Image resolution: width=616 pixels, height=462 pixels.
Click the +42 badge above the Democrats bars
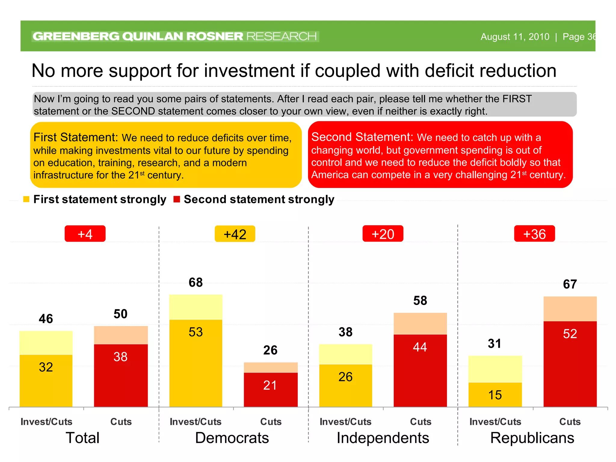point(235,234)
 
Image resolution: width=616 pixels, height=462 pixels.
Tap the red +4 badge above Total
point(85,234)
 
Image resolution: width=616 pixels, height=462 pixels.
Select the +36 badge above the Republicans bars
point(534,234)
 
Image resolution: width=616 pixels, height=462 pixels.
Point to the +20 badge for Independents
point(383,234)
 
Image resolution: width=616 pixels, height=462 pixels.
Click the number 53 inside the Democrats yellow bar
point(196,332)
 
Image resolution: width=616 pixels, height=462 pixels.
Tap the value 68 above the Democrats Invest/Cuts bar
point(196,282)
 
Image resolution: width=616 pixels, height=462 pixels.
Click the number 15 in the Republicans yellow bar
point(495,395)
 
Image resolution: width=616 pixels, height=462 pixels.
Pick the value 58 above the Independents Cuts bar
point(420,300)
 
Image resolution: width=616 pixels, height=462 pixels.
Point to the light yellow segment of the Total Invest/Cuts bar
point(46,343)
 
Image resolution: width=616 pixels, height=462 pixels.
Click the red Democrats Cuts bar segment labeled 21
point(270,390)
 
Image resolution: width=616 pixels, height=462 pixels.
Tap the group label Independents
point(383,438)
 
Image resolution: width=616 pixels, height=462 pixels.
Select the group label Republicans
point(532,438)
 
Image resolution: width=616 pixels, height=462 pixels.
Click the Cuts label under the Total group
point(121,421)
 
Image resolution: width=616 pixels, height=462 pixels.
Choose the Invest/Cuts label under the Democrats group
point(196,421)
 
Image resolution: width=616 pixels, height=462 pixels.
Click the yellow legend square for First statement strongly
point(26,199)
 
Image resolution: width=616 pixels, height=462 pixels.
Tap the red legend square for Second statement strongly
point(177,199)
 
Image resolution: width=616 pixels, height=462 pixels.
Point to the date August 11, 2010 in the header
point(515,37)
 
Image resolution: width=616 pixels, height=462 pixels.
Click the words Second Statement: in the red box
point(362,137)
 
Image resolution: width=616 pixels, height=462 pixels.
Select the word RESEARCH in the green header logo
point(281,36)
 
